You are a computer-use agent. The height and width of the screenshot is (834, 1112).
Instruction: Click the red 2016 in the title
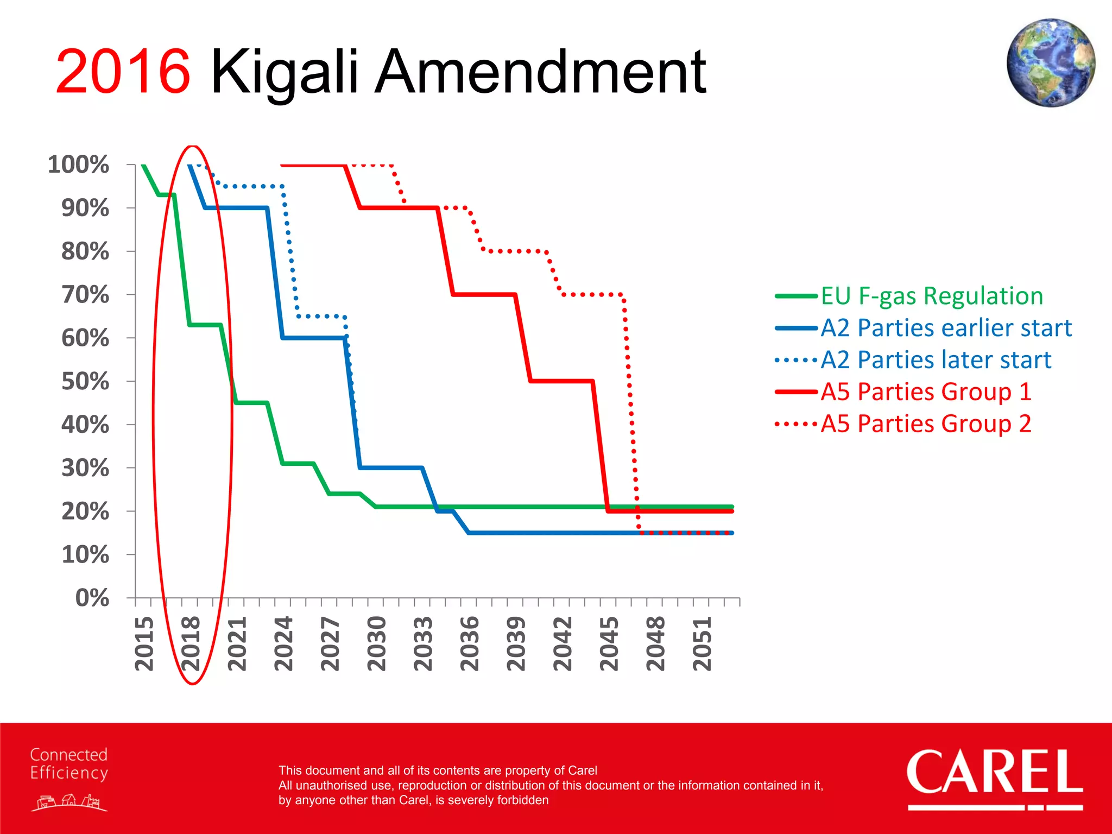(x=123, y=72)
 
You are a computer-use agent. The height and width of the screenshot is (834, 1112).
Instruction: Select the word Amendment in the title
(x=541, y=72)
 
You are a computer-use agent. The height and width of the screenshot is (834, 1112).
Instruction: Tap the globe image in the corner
(x=1050, y=63)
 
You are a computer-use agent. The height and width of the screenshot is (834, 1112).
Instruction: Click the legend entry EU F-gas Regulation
(x=932, y=296)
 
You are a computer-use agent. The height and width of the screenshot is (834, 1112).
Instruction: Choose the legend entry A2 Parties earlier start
(x=946, y=328)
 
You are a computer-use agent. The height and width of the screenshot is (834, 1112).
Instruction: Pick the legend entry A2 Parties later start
(x=936, y=360)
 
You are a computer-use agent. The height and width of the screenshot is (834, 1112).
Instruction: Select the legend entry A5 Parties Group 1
(x=926, y=391)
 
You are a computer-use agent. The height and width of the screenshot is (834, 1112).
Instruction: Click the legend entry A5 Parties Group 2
(x=926, y=424)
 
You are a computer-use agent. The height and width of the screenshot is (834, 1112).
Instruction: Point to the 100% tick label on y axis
(x=79, y=165)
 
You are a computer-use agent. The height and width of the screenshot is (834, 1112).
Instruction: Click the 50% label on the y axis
(x=85, y=381)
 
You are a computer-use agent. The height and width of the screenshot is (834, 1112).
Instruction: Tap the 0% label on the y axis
(x=92, y=598)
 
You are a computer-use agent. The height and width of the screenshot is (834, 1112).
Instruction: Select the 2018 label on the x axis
(x=191, y=643)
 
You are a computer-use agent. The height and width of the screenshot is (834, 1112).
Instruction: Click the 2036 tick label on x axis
(x=470, y=643)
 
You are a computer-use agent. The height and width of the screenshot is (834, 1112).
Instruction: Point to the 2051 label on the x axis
(x=702, y=643)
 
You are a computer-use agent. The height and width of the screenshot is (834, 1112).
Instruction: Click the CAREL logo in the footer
(x=995, y=776)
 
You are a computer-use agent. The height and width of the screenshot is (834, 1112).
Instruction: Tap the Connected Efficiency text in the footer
(x=69, y=764)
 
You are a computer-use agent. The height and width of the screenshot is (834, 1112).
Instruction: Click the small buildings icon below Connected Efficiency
(x=69, y=802)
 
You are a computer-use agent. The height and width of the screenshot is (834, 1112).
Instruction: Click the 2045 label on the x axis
(x=609, y=643)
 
